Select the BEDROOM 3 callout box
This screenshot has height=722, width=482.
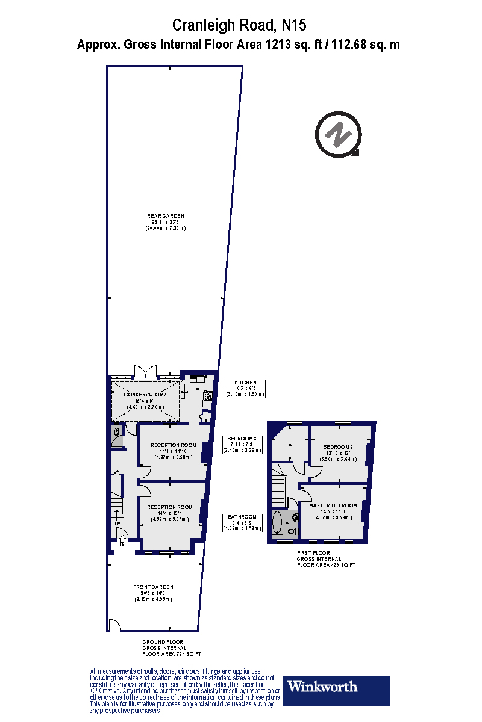pos(242,444)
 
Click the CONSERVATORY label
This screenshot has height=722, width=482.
pos(145,395)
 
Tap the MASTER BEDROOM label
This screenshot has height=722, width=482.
pos(333,505)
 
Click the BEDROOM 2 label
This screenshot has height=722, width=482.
pos(338,447)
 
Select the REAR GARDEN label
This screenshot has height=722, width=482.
pos(165,216)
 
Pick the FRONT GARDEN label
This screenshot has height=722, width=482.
pos(153,587)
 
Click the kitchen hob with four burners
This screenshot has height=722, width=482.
pos(207,395)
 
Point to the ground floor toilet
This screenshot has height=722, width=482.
pos(116,431)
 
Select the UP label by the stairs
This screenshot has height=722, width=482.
pos(117,524)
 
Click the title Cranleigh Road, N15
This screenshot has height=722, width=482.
pos(239,25)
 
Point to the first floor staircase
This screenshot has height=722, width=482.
pos(278,484)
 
